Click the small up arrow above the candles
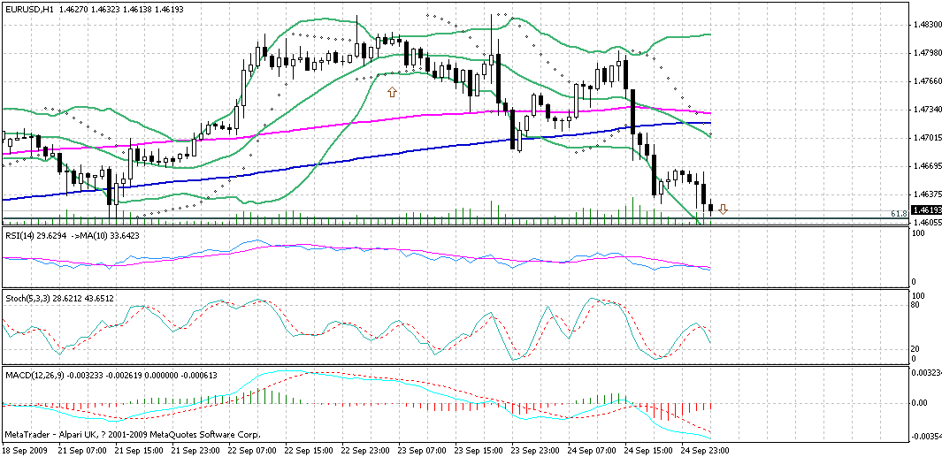(x=392, y=90)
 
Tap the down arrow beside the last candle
(x=723, y=209)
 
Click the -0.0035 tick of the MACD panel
(x=925, y=437)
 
